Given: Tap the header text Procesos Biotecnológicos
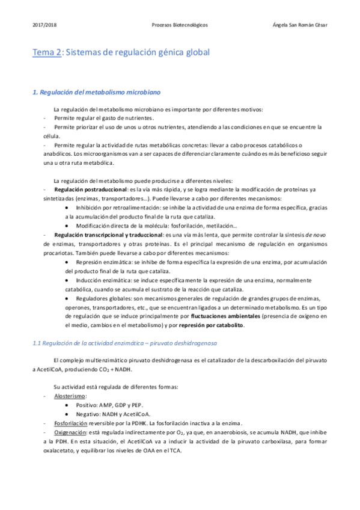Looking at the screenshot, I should tap(180, 25).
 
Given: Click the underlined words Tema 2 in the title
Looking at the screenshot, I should tap(46, 53).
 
